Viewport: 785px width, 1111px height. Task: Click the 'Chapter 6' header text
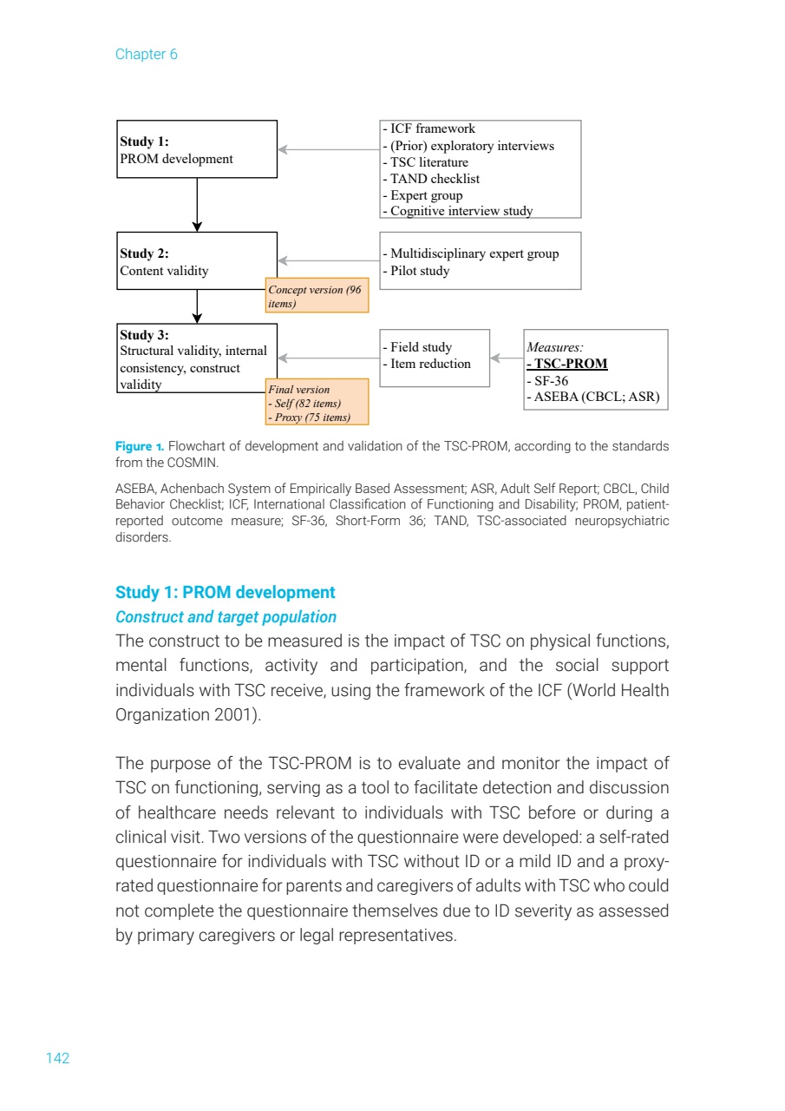(146, 55)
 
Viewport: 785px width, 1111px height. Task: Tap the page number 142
(57, 1058)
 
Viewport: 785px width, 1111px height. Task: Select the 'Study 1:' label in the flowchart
(144, 141)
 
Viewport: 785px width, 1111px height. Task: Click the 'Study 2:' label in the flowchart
(144, 253)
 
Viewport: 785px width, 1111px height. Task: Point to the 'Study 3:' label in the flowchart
(144, 335)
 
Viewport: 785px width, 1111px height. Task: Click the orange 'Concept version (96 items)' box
(317, 297)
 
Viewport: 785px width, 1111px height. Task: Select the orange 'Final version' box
(317, 403)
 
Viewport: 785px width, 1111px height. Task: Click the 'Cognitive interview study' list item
(458, 211)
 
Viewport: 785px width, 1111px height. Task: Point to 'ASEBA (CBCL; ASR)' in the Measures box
(593, 398)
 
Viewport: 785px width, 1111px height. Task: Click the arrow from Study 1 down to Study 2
(198, 205)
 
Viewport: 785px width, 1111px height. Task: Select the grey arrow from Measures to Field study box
(507, 358)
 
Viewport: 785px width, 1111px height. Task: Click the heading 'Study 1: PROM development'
(225, 593)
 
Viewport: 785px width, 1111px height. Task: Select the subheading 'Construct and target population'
(226, 617)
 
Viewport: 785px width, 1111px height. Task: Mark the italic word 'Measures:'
(555, 347)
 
